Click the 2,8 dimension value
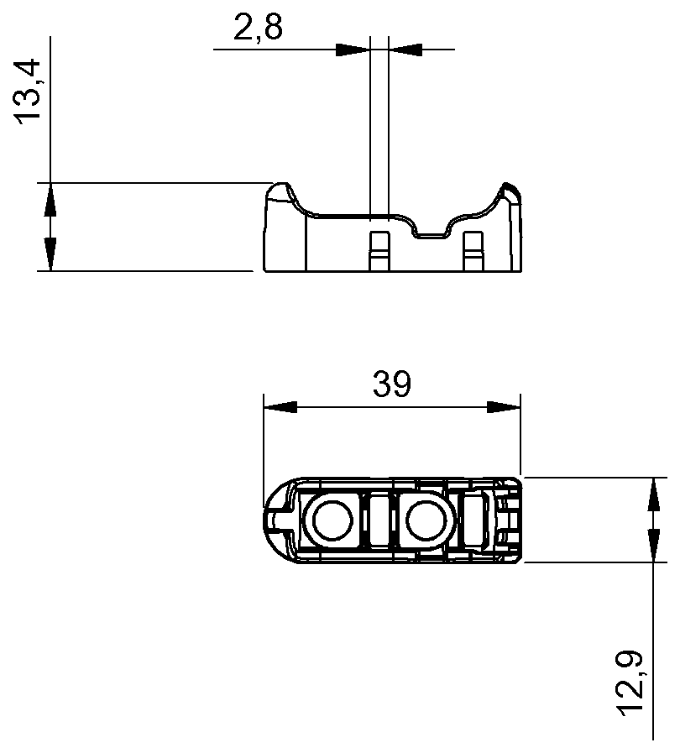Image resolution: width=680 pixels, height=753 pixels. pos(258,29)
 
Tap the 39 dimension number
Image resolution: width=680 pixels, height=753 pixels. pos(391,385)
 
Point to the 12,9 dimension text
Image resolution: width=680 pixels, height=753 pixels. pos(635,683)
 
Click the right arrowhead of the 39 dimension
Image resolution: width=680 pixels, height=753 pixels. pos(503,407)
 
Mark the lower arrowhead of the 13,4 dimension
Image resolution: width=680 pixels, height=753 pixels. pos(50,254)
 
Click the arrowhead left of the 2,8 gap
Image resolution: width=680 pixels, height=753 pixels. pos(353,50)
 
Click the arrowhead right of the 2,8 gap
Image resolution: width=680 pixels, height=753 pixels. pos(406,50)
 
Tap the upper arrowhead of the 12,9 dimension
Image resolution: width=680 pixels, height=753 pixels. pos(652,494)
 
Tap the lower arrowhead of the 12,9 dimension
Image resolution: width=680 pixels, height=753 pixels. pos(652,546)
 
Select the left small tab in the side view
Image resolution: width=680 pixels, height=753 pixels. pos(379,249)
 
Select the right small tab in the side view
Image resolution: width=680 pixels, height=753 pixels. pos(473,249)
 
